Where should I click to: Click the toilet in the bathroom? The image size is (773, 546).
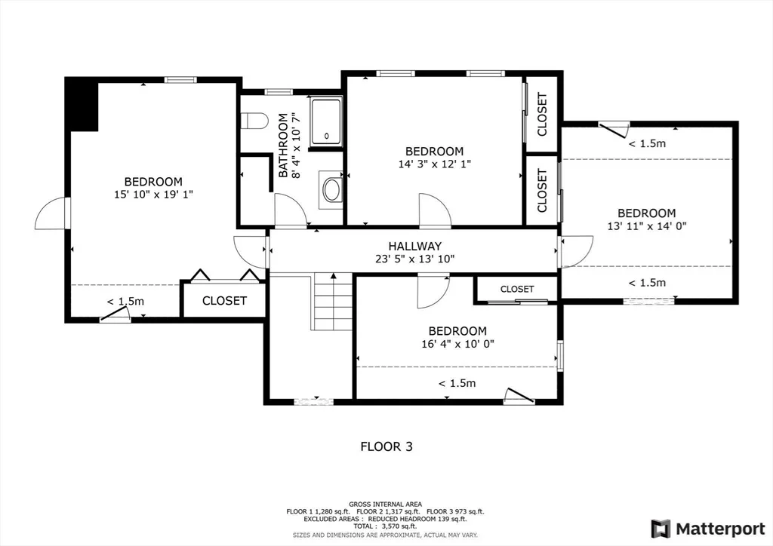tap(254, 121)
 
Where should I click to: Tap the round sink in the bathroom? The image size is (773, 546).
tap(331, 190)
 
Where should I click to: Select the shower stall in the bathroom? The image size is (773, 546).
tap(326, 122)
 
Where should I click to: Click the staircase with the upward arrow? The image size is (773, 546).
tap(333, 302)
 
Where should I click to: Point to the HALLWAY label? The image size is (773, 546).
tap(414, 246)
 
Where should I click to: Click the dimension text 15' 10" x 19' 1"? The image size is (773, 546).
tap(153, 195)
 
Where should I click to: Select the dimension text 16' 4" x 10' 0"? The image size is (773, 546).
tap(457, 344)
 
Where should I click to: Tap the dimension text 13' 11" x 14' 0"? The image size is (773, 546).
tap(647, 226)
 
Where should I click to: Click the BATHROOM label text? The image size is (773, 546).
tap(283, 146)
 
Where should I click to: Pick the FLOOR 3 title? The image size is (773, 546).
tap(386, 446)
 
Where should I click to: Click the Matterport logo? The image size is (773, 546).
tap(708, 529)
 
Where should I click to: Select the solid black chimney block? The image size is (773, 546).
tap(82, 104)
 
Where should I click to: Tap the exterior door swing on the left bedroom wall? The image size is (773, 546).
tap(52, 213)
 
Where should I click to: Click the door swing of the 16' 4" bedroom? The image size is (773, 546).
tap(433, 292)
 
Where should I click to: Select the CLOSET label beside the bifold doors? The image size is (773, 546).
tap(224, 300)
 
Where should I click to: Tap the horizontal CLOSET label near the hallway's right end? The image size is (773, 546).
tap(517, 289)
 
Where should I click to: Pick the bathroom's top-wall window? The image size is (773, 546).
tap(279, 91)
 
